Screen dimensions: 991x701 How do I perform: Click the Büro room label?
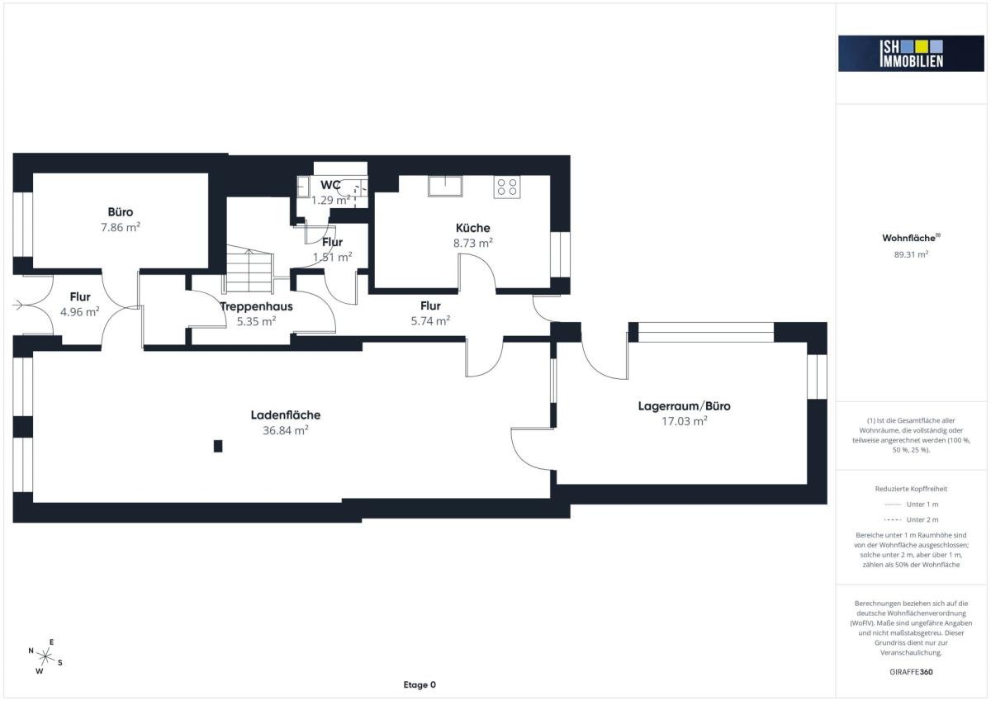121,212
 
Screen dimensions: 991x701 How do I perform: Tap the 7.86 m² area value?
121,227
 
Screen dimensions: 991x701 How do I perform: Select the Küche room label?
473,228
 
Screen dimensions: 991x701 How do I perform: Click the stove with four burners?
507,187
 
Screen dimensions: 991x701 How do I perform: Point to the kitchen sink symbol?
445,187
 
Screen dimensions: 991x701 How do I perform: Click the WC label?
330,185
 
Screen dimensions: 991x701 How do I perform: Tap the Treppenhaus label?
256,306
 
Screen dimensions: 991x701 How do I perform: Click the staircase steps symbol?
250,270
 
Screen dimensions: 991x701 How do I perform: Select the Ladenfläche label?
286,414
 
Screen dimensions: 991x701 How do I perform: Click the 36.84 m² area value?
286,430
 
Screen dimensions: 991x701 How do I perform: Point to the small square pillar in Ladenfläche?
218,446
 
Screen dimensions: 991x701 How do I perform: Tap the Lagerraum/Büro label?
684,406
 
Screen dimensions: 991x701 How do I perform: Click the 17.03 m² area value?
684,421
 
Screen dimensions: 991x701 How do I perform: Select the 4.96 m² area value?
79,312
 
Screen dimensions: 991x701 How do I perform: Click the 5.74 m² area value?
430,320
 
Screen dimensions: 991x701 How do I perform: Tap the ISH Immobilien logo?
911,54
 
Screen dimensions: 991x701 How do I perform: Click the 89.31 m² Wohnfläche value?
911,254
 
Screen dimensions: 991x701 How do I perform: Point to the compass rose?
45,656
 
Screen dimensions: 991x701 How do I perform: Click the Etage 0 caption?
420,684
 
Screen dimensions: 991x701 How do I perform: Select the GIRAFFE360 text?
911,672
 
